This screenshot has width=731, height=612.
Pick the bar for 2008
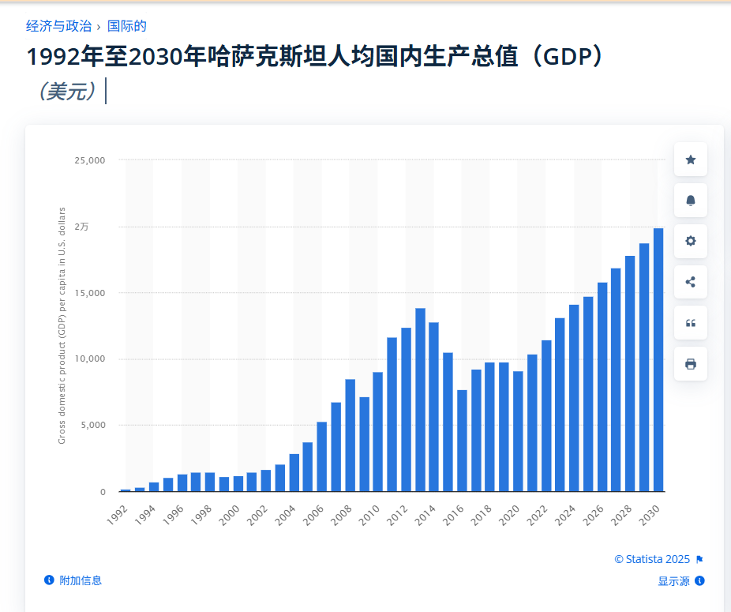(350, 435)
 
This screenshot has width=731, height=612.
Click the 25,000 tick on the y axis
(90, 160)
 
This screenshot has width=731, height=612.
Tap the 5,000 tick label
(92, 425)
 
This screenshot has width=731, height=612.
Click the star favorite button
(691, 160)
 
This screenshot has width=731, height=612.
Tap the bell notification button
(691, 201)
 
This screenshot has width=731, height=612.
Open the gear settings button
(691, 241)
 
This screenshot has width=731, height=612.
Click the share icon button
(691, 282)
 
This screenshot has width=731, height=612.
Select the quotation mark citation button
(691, 323)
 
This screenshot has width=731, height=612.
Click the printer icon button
(691, 364)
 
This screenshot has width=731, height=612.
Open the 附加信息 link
(80, 580)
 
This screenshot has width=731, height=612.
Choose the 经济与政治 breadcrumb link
(58, 26)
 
